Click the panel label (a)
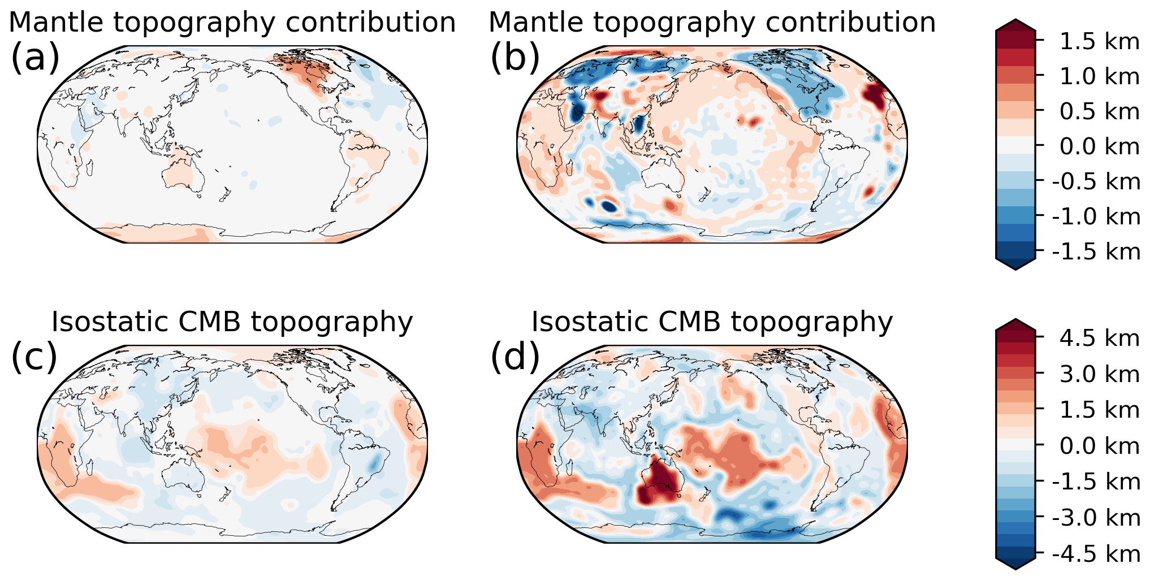pos(35,58)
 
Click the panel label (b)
pos(515,58)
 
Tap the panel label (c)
pos(34,357)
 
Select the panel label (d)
pos(515,357)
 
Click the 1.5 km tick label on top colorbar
pos(1099,41)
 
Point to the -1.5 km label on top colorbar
pos(1096,251)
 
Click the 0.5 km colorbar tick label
pos(1099,111)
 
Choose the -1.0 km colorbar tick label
pos(1096,216)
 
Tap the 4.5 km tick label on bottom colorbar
pos(1099,338)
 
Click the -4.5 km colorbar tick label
pos(1096,553)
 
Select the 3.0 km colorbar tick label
pos(1099,374)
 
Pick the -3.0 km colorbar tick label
pos(1096,517)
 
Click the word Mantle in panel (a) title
pos(57,23)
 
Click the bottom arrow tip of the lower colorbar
pos(1015,568)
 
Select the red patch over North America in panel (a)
pos(305,71)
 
